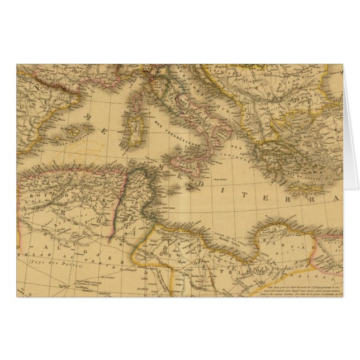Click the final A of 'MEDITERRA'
[x=336, y=198]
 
